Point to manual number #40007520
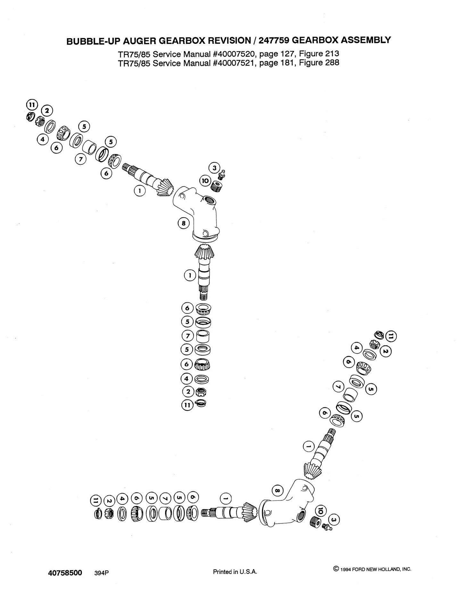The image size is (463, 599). [x=234, y=53]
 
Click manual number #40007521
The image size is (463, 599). [x=234, y=63]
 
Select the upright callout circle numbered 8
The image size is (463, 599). [x=184, y=223]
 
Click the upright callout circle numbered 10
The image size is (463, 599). [x=205, y=181]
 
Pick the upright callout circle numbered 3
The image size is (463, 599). [x=214, y=168]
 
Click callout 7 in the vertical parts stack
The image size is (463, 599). [x=188, y=336]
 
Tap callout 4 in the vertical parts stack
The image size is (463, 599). [x=187, y=379]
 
